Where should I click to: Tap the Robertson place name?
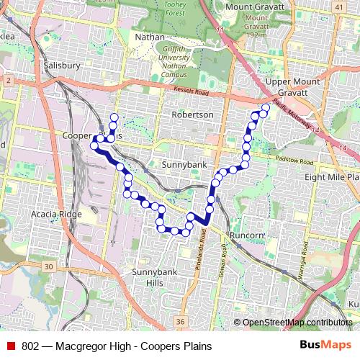coord(192,114)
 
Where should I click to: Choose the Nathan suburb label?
coord(150,35)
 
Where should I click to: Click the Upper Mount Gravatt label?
coord(287,88)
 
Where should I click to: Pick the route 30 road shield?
coord(48,267)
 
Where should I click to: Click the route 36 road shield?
coord(179,321)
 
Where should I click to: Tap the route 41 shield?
coord(338,7)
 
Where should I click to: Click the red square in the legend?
coord(11,346)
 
